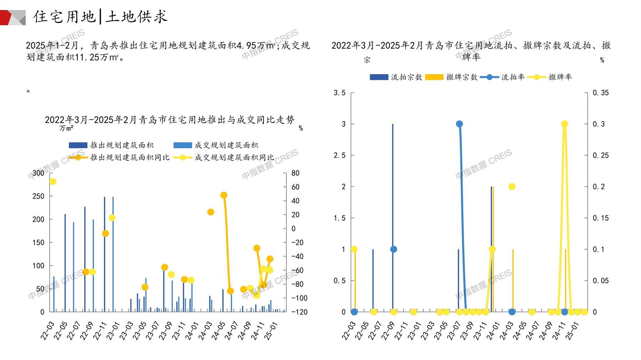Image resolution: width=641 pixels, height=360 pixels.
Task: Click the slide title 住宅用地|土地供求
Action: click(x=100, y=16)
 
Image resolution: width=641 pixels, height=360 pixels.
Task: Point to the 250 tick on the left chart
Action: click(x=39, y=196)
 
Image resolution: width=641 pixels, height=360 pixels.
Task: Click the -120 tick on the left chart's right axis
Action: click(x=299, y=312)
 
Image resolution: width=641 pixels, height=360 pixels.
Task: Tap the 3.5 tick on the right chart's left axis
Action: click(x=339, y=93)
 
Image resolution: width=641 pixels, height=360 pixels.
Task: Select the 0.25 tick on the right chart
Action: click(x=601, y=155)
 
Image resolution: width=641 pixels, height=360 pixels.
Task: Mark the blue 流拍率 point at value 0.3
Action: click(x=459, y=124)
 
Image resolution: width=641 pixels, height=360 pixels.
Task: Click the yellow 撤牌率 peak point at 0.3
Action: click(x=564, y=124)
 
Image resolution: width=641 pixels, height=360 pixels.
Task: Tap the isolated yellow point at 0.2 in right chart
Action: click(x=512, y=186)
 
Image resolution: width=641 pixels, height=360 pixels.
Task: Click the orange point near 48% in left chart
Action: click(x=224, y=195)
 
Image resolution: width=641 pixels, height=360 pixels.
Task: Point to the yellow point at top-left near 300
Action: click(x=53, y=181)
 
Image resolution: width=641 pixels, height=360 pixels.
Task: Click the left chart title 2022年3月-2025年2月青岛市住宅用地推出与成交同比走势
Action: click(x=170, y=120)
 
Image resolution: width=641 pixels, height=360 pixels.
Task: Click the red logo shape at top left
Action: click(x=6, y=17)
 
